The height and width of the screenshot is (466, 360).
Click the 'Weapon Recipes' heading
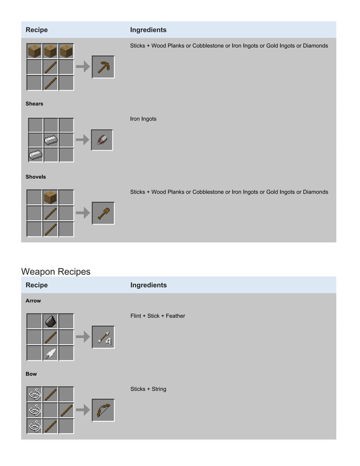[55, 271]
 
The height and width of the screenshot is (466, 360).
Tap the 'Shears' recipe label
[34, 104]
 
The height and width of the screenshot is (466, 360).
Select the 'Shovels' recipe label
[36, 177]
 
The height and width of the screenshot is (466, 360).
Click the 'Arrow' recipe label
[33, 301]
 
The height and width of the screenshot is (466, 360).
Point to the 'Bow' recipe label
[32, 374]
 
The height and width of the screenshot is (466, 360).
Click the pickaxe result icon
[103, 67]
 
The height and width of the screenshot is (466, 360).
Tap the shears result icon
[102, 139]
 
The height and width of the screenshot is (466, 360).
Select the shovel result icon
[103, 213]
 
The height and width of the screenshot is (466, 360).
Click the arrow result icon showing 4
[103, 337]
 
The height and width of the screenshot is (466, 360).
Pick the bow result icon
[103, 410]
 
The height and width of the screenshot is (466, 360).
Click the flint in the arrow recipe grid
[51, 321]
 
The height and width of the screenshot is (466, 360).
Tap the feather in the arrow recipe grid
[51, 353]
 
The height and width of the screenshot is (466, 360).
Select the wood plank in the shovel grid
[51, 197]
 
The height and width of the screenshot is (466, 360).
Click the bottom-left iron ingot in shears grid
[36, 155]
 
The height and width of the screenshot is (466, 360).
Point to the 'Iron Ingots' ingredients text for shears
[143, 119]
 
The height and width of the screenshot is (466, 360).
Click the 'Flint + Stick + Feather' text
[157, 316]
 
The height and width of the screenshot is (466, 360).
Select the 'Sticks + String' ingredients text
[148, 389]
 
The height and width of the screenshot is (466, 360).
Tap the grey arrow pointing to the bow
[82, 410]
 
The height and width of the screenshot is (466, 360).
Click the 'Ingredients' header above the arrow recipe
[148, 285]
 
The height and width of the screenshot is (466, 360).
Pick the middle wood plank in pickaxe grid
[51, 51]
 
